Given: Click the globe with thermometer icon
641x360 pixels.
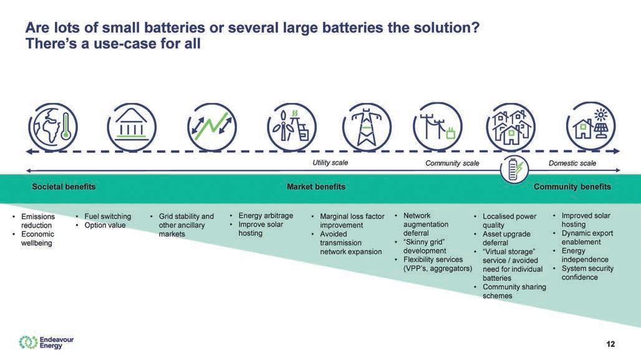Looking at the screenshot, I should coord(52,127).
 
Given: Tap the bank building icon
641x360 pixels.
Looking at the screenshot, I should coord(132,127).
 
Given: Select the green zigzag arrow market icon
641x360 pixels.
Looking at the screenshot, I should coord(213,127).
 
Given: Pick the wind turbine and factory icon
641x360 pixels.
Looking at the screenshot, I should coord(289,127).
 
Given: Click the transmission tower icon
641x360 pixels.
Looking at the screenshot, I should coord(367,127).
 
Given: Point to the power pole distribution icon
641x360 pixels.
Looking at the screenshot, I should coord(437,127).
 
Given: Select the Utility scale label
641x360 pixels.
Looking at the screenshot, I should coord(330,163).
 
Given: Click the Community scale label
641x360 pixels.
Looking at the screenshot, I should coord(452,163).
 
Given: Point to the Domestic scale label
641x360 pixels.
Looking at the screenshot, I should coord(572,163).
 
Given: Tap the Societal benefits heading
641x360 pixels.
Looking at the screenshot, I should coord(64,187).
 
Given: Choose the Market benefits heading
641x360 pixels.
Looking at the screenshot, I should coord(316,187).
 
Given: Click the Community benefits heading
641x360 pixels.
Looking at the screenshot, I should coord(572,187).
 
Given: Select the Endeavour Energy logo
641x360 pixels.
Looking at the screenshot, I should coord(46,342).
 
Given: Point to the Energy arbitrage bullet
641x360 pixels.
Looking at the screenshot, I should coord(266,216).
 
